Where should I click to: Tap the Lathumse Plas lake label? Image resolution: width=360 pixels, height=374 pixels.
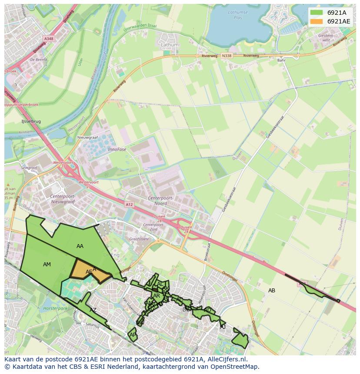[x=237, y=15]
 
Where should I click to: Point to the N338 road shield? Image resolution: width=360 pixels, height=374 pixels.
[x=227, y=56]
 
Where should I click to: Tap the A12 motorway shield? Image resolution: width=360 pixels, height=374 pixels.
[x=129, y=205]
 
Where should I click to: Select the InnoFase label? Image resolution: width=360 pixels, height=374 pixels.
[x=117, y=149]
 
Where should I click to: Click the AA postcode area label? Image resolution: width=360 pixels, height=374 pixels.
[x=80, y=246]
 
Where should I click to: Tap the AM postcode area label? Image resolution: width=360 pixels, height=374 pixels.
[x=47, y=265]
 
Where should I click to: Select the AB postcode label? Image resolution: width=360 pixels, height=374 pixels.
[x=272, y=290]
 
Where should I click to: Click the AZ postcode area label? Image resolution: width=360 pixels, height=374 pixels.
[x=93, y=310]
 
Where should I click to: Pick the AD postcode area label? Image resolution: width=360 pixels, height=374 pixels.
[x=207, y=310]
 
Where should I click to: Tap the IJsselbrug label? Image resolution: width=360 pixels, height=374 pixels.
[x=31, y=122]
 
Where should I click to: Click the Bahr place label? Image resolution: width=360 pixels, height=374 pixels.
[x=282, y=60]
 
